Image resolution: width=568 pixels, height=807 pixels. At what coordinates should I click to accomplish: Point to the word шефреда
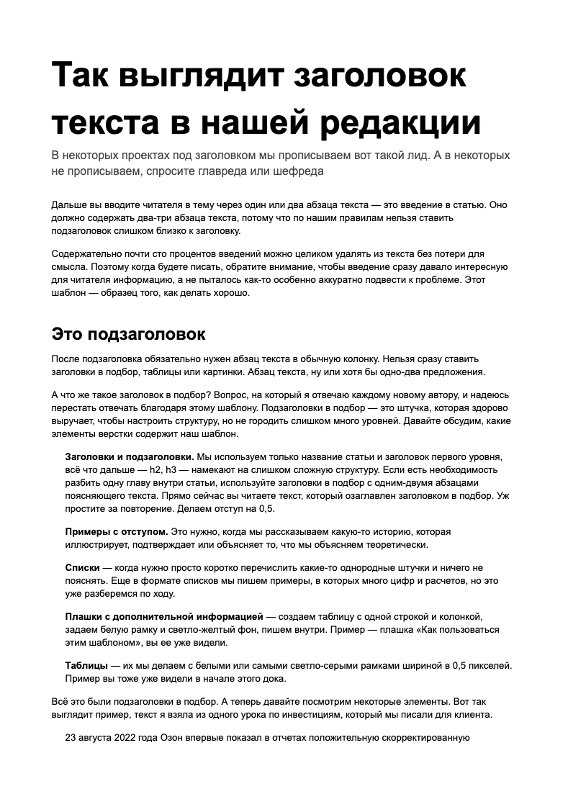click(297, 171)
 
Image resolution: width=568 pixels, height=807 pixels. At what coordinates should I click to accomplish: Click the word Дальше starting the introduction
click(70, 204)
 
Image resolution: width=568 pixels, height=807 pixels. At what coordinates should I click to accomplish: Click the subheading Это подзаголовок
click(129, 334)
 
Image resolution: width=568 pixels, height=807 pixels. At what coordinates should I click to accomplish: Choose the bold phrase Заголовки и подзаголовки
click(129, 457)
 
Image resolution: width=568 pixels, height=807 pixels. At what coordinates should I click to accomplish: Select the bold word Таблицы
click(86, 666)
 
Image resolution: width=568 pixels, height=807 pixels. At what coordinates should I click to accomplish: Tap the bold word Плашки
click(85, 617)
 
